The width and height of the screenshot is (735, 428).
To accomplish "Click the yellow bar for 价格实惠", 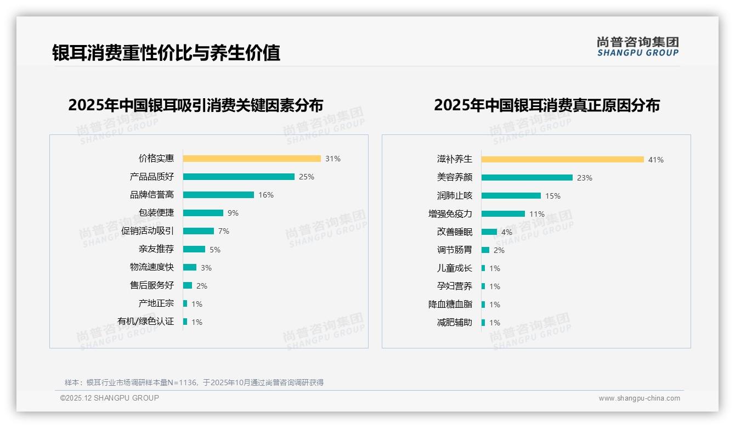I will [252, 159].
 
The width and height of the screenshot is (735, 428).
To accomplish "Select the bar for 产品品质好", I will [239, 177].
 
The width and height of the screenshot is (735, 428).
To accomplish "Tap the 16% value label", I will [266, 195].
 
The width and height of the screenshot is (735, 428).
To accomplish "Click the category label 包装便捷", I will [156, 213].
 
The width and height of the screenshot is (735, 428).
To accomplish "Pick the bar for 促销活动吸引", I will [199, 231].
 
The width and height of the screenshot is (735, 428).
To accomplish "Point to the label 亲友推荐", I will [156, 249].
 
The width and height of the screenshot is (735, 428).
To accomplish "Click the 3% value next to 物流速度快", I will [206, 268].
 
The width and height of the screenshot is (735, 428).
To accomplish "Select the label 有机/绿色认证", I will [145, 322].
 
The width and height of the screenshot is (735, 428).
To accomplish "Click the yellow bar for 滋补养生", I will [562, 160].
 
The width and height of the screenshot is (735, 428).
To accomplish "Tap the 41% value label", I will [655, 160].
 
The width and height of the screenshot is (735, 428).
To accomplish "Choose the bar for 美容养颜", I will [527, 178].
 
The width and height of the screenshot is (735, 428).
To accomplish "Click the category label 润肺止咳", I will [454, 196].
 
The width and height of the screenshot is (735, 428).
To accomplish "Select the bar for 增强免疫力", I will [503, 214].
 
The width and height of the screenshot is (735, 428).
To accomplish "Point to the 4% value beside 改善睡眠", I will [506, 232].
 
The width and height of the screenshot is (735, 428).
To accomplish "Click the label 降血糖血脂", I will [450, 305].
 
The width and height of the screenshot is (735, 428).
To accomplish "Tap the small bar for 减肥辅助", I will [483, 323].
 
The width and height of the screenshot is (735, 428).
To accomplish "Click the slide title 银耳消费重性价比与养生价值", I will [166, 53].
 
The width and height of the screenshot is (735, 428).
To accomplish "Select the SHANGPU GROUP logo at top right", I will [637, 47].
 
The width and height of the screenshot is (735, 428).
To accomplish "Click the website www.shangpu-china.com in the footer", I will [639, 398].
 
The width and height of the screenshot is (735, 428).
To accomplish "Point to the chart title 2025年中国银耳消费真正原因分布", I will [546, 105].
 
